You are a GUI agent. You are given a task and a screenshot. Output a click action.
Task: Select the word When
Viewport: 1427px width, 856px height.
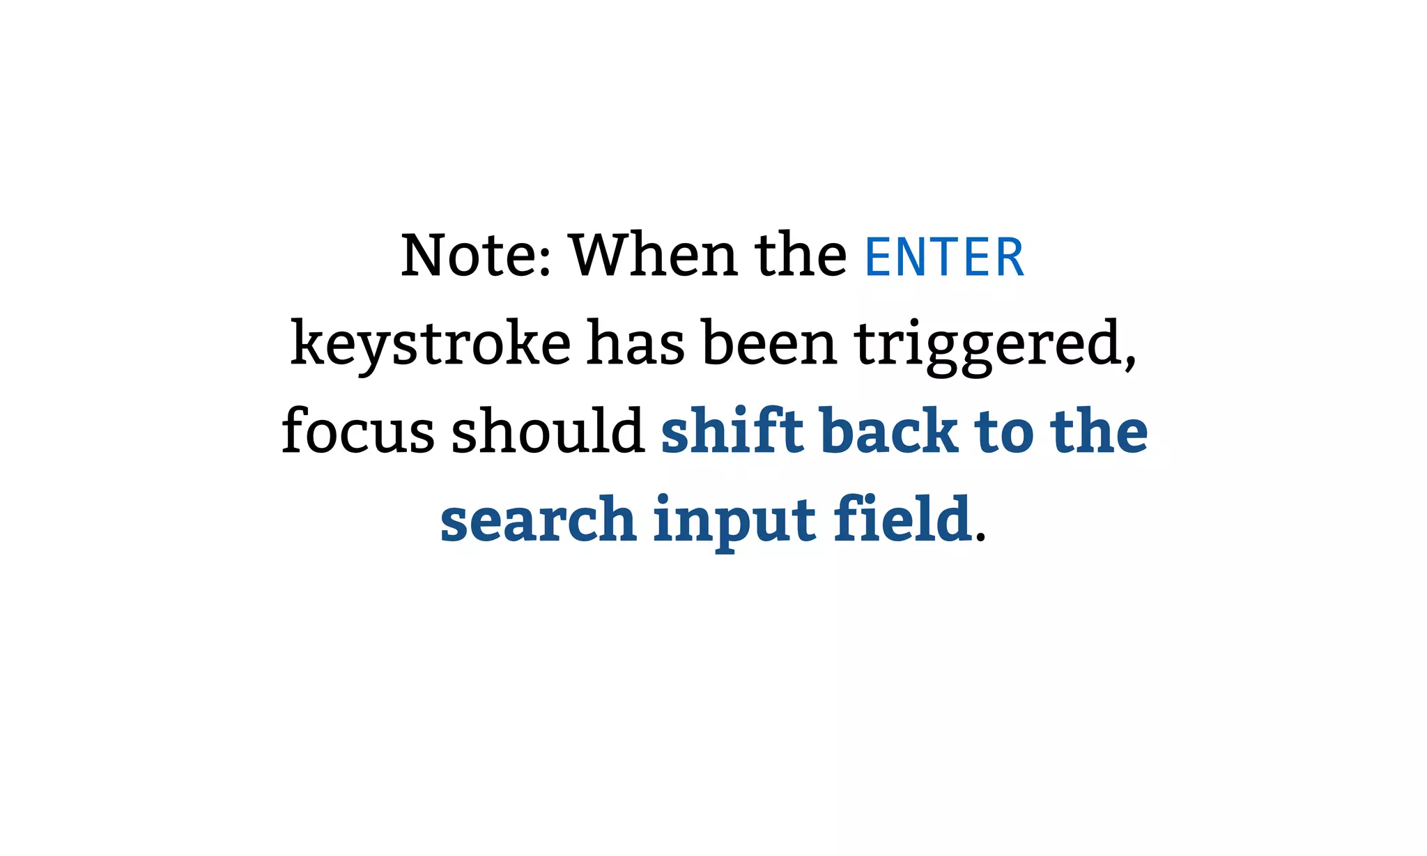654,256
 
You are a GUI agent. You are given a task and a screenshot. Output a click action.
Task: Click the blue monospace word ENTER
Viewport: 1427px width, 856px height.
944,257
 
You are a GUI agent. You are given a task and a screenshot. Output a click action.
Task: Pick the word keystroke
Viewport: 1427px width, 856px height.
431,343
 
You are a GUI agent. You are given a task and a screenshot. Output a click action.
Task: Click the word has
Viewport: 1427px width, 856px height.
635,343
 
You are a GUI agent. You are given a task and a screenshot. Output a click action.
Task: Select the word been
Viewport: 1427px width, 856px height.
769,343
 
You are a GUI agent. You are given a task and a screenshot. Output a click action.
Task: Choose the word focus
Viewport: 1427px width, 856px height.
358,431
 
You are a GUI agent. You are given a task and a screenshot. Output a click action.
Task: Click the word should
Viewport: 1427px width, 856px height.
548,431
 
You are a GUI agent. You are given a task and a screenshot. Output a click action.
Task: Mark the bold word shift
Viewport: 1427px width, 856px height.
732,431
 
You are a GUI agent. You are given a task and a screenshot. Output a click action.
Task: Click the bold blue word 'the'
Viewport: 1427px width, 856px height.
1099,431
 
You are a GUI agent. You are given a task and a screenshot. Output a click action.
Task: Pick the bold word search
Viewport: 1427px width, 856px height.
538,520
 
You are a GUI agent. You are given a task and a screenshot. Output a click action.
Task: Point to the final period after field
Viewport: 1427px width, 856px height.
980,537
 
